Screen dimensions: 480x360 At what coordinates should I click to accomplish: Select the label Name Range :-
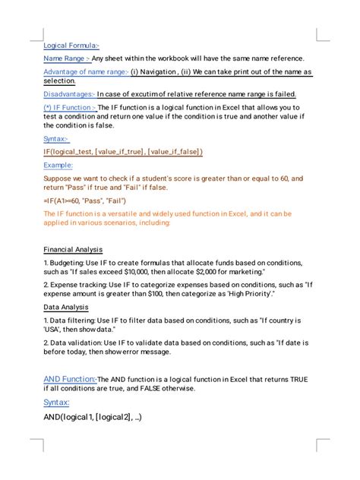[x=67, y=58]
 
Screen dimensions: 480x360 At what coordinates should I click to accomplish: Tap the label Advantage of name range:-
[x=85, y=72]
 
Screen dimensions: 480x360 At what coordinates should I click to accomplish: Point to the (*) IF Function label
[x=70, y=108]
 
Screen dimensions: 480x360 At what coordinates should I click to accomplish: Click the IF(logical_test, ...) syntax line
[x=123, y=152]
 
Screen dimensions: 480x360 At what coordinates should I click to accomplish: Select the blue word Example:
[x=58, y=165]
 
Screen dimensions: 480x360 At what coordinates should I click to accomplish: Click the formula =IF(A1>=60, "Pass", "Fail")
[x=85, y=201]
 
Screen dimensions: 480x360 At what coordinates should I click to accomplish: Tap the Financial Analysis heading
[x=73, y=250]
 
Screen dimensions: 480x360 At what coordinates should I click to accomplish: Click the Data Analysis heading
[x=66, y=308]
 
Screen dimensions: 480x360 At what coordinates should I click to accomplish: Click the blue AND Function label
[x=70, y=378]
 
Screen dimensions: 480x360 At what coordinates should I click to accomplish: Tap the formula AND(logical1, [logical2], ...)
[x=93, y=417]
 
